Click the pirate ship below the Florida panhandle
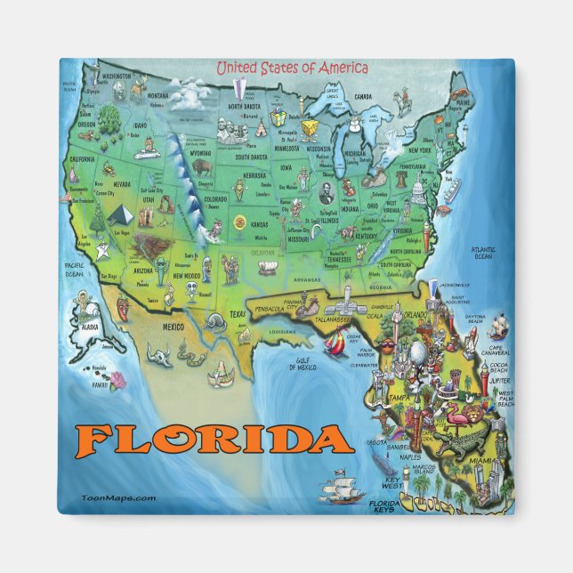342,488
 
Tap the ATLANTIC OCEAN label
482,253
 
